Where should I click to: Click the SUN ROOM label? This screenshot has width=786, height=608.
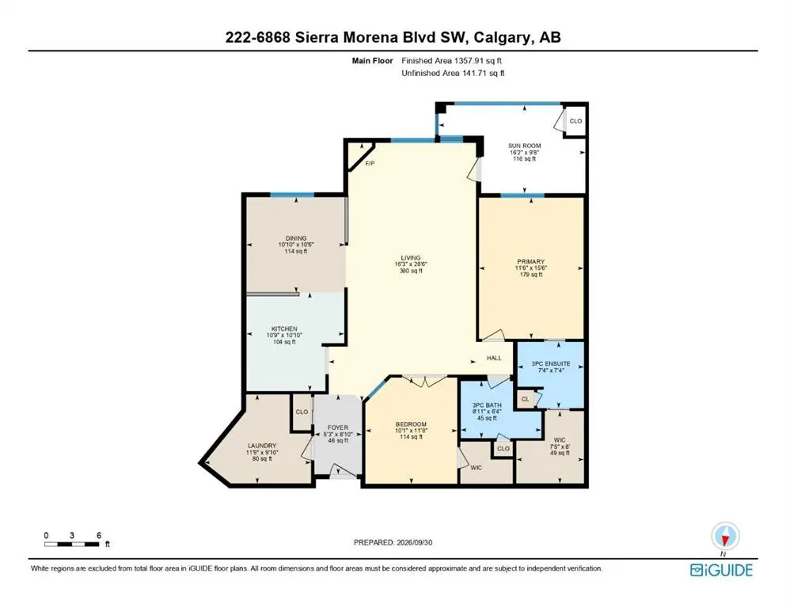524,146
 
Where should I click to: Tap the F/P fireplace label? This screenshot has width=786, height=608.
370,163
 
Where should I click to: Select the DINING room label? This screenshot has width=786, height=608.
296,238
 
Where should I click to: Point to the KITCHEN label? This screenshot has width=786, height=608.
284,329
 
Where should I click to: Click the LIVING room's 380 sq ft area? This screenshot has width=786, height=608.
411,271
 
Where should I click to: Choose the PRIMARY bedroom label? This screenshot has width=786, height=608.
531,261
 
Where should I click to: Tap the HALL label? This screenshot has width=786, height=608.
494,358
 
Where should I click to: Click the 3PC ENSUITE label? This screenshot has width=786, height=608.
551,364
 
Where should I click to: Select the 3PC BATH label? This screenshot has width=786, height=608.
487,405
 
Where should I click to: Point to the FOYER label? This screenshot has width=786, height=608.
338,427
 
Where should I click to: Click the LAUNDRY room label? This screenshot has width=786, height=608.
262,446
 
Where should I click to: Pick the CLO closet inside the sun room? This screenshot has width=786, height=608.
576,121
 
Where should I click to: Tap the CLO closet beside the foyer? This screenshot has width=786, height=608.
302,412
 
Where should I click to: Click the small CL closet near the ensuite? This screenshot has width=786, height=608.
526,399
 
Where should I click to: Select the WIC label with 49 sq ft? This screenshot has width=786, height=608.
560,440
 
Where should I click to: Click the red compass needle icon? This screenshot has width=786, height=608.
724,539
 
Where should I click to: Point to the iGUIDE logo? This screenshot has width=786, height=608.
721,570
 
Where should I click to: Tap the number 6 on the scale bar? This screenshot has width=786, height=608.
99,535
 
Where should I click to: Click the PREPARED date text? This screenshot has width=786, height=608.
393,542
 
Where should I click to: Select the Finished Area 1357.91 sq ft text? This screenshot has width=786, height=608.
452,61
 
